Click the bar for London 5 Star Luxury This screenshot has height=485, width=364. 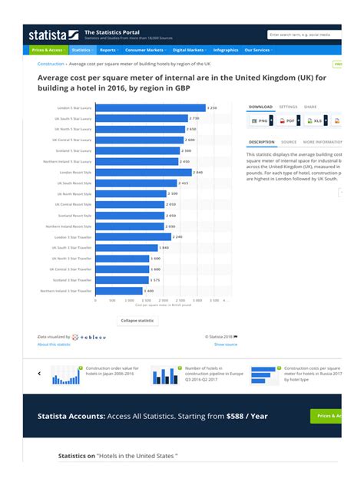click(150, 108)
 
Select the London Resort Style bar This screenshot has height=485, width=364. click(142, 173)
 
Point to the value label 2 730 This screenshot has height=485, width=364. click(194, 119)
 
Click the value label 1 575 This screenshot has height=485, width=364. click(155, 281)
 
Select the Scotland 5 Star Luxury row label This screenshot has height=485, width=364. click(74, 151)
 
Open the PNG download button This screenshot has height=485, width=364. click(260, 121)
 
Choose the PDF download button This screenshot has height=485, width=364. click(287, 121)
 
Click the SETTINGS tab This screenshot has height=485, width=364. click(288, 107)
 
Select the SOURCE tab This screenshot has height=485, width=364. click(289, 142)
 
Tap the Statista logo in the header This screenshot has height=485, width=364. click(53, 35)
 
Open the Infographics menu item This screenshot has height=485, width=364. click(225, 50)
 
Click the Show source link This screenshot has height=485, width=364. click(225, 345)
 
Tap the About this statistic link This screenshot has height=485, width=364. click(54, 345)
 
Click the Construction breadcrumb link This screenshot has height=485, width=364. click(51, 64)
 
